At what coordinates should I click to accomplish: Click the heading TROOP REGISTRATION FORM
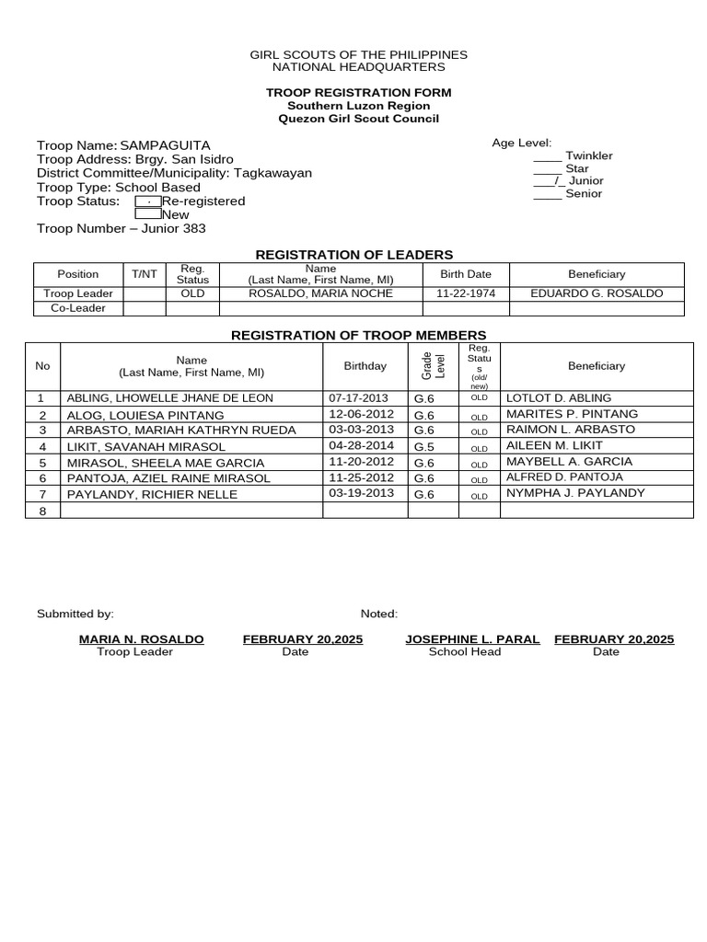coord(358,94)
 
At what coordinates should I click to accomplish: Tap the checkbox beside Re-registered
coord(148,201)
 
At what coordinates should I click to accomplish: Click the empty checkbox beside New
coord(148,214)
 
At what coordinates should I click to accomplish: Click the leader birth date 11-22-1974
coord(466,293)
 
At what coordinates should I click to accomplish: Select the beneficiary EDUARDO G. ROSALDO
coord(597,293)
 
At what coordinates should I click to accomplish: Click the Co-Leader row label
coord(77,308)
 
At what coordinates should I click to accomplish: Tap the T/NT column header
coord(144,274)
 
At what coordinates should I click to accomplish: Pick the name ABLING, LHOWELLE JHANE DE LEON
coord(169,398)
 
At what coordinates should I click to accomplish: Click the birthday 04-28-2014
coord(361,446)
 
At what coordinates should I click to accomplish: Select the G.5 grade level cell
coord(424,447)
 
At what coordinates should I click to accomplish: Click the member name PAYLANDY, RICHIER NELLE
coord(153,495)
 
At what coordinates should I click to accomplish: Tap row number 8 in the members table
coord(42,511)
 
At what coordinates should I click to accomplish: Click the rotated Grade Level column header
coord(433,365)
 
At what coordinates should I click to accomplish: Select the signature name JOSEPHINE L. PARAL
coord(472,639)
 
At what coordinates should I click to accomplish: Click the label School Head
coord(465,652)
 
